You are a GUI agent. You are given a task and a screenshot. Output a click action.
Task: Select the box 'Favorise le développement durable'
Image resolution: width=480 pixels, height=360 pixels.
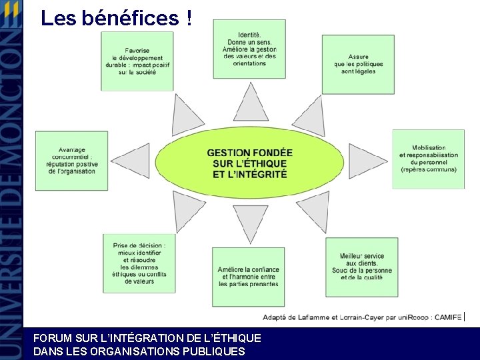(x=137, y=61)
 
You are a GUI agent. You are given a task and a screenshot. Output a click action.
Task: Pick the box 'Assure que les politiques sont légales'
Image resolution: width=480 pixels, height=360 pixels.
(x=358, y=65)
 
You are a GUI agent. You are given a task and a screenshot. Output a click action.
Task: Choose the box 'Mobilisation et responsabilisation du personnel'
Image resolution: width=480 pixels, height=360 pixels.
(x=428, y=159)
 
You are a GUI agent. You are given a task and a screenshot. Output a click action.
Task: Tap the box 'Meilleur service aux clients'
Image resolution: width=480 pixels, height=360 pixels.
(x=361, y=267)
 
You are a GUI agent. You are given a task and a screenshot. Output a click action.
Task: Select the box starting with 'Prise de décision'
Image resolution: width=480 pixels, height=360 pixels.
(x=139, y=263)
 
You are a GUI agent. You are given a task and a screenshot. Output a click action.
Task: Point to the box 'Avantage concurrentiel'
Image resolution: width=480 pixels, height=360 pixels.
(x=71, y=161)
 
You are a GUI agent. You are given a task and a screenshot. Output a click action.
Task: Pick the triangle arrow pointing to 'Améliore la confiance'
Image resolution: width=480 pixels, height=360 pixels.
(x=251, y=223)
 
